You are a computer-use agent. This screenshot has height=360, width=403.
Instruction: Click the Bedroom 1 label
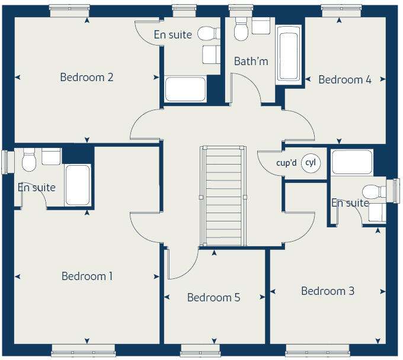point(87,276)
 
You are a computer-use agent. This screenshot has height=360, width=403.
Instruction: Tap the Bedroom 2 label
point(87,77)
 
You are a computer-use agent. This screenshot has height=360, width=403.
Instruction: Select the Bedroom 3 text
point(328,291)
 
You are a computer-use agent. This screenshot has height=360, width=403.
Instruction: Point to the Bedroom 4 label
point(345,79)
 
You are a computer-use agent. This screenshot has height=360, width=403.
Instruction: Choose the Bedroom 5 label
point(213,297)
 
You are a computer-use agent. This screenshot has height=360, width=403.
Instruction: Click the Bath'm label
point(251,61)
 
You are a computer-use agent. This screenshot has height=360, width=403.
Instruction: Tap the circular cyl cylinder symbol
point(311,162)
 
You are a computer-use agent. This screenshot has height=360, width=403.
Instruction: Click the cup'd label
point(286,163)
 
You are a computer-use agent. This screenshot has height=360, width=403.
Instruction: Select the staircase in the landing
point(223,195)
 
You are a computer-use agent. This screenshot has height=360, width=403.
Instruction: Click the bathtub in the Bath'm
point(289,56)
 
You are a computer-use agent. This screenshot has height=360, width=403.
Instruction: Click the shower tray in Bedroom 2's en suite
point(185,89)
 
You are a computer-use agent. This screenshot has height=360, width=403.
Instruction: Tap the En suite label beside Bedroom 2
point(172,34)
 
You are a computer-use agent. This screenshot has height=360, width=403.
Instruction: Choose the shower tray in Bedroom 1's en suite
point(77,185)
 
